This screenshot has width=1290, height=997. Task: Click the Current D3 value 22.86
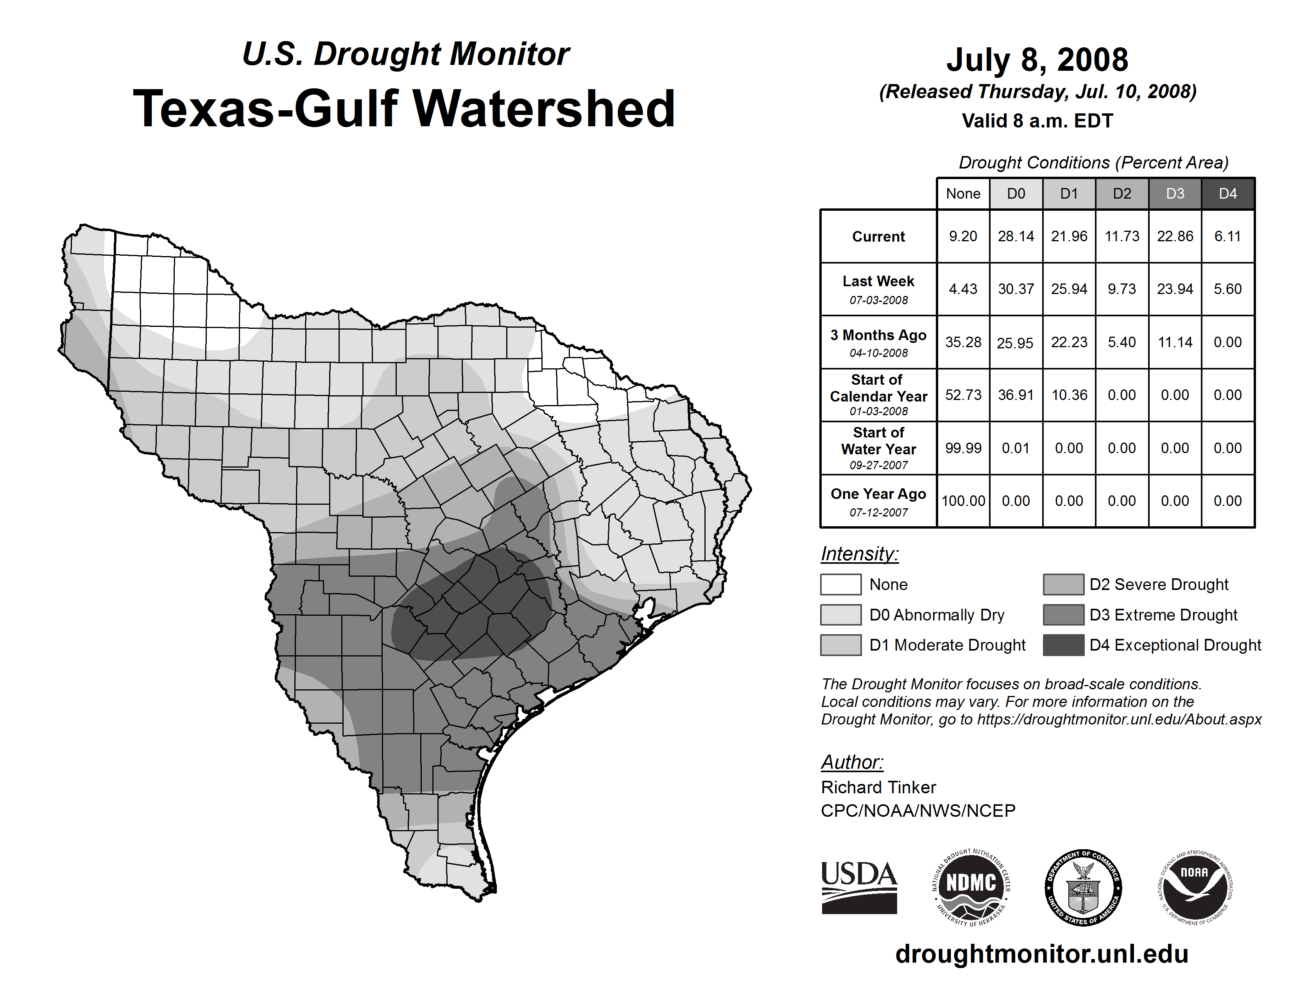click(1174, 236)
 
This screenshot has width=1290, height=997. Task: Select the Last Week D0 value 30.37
click(1016, 289)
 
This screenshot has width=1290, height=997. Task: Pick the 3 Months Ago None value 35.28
click(963, 342)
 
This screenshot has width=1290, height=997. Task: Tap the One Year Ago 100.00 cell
click(963, 501)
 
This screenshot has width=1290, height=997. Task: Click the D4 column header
click(1227, 194)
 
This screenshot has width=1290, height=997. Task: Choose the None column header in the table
click(963, 194)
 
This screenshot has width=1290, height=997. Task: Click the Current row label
click(878, 236)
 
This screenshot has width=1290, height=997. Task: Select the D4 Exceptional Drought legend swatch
click(1063, 645)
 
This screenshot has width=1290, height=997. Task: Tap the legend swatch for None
click(840, 584)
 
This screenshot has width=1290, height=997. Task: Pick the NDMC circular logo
click(971, 888)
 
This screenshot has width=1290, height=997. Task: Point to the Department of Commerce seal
click(1083, 888)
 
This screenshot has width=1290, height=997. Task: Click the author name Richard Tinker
click(878, 787)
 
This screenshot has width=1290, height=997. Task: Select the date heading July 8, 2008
click(1037, 60)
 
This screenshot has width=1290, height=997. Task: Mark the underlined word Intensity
click(859, 554)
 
